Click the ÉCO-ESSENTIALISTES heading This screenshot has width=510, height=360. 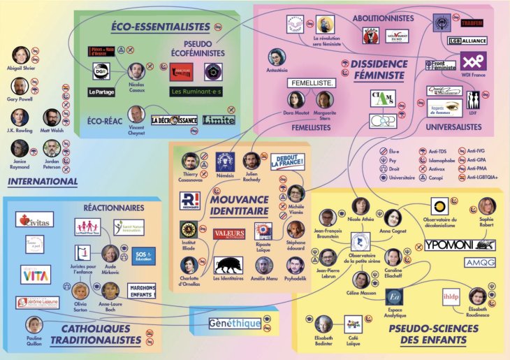161,27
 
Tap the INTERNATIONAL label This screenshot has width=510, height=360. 43,182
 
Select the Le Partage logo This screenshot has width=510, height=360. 101,92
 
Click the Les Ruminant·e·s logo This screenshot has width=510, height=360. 196,91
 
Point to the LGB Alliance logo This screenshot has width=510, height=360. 467,41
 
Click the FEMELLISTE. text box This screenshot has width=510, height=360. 312,82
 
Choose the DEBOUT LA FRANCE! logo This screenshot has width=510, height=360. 287,163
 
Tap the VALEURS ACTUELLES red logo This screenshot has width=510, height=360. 229,234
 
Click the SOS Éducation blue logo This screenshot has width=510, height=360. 144,255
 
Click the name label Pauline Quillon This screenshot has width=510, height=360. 33,343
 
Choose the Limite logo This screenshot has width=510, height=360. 219,120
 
